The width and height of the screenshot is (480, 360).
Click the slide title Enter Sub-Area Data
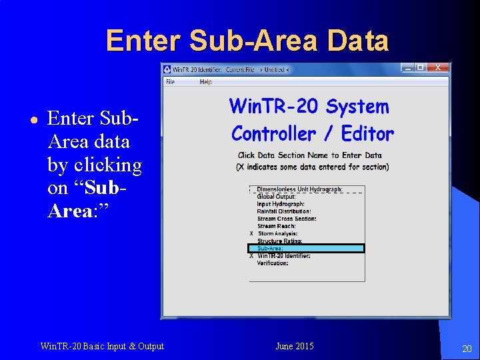coord(247,41)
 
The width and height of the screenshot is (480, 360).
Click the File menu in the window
coord(170,82)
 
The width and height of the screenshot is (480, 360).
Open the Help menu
coord(205,82)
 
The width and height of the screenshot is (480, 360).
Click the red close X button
coord(437,67)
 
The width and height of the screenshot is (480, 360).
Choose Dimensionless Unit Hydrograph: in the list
coord(299,189)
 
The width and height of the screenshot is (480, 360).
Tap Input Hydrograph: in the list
coord(281,204)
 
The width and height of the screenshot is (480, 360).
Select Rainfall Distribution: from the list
coord(283,211)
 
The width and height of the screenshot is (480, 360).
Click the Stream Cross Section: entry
coord(287,219)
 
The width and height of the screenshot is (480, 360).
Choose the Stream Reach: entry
coord(276,226)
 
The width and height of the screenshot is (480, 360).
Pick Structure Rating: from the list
coord(279,241)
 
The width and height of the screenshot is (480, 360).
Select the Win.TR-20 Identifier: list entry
coord(283,256)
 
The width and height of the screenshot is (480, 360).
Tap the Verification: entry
coord(273,263)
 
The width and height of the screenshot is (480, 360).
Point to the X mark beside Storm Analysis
coord(251,233)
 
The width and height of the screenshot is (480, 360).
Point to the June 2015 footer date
coord(294,346)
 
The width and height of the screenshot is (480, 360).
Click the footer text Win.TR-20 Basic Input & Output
coord(102,346)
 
